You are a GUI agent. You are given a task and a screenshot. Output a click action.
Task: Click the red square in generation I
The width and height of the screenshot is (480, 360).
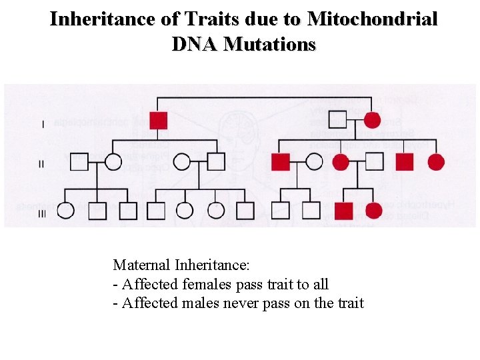pos(158,121)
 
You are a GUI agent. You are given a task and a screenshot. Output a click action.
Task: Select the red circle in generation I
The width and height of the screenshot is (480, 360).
pos(373,121)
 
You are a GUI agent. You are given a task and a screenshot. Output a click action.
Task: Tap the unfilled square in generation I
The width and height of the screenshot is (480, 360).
pos(338,121)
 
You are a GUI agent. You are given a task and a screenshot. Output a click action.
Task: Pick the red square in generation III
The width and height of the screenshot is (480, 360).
pos(343,211)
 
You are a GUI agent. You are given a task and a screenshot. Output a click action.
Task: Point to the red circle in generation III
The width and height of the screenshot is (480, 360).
pos(374,211)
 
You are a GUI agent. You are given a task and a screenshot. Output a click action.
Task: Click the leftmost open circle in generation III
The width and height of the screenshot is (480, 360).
pos(65,211)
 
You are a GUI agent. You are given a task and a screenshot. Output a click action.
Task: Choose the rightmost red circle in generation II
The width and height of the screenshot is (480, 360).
pos(436,162)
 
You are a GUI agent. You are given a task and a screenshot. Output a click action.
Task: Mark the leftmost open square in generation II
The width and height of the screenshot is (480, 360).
pos(79,162)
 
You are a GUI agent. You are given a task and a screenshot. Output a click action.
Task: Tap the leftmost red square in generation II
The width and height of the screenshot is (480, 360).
pos(281,162)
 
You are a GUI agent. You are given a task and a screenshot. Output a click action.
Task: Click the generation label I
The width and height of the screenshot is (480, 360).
pos(43,124)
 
